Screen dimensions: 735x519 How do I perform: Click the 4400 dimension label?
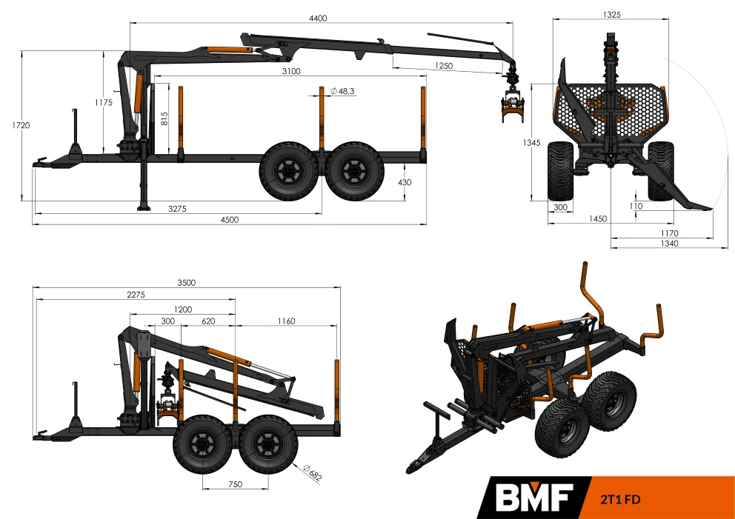click(318, 19)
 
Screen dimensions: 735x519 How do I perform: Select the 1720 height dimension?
click(21, 125)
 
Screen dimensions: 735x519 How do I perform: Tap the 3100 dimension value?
click(291, 71)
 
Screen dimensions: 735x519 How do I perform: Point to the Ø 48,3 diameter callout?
click(342, 91)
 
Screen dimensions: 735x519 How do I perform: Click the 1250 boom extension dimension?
click(443, 66)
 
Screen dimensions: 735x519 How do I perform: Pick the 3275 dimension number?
click(177, 209)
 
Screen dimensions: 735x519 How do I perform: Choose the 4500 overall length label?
click(230, 220)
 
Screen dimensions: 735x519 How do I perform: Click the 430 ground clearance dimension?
click(405, 182)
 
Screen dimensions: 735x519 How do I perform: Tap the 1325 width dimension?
click(612, 15)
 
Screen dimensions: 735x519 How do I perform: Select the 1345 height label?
click(531, 143)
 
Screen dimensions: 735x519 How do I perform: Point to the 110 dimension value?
click(636, 206)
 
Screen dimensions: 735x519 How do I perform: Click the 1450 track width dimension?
click(598, 218)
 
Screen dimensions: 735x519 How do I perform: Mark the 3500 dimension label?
click(186, 283)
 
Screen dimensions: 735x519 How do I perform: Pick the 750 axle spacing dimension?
click(236, 484)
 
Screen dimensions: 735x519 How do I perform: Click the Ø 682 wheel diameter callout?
click(313, 472)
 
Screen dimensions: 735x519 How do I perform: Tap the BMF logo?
click(534, 498)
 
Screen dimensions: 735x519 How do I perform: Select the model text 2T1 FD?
click(620, 499)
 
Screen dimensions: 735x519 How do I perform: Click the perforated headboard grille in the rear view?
click(609, 110)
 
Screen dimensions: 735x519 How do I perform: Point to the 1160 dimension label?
click(286, 321)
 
